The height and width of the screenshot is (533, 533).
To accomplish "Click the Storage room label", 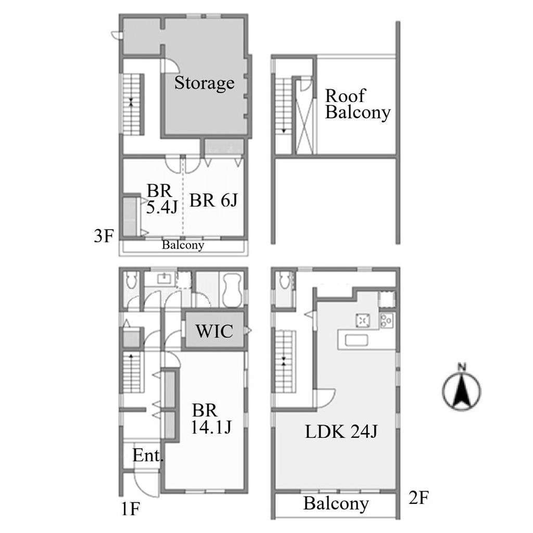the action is (204, 83).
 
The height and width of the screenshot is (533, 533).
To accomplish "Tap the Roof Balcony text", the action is (358, 104).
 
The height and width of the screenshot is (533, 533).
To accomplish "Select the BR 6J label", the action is (213, 200).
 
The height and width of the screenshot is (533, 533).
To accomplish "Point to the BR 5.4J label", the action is (162, 199).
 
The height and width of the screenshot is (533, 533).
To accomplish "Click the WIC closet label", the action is (214, 331).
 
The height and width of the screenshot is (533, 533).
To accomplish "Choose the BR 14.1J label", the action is (211, 419).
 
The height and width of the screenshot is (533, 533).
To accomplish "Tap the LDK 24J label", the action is (341, 432).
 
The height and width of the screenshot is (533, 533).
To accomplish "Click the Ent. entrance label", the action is (148, 455).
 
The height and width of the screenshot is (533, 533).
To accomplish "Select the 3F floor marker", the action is (104, 236).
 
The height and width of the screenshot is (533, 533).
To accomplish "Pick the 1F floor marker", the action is (131, 509).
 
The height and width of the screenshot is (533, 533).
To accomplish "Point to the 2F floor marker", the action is (419, 498).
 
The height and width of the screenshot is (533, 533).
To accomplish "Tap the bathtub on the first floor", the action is (232, 290).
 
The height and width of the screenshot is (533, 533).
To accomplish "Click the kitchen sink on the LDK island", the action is (356, 340).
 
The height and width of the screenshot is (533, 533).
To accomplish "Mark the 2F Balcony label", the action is (336, 504).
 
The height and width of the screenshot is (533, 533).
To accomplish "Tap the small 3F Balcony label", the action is (183, 245).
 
